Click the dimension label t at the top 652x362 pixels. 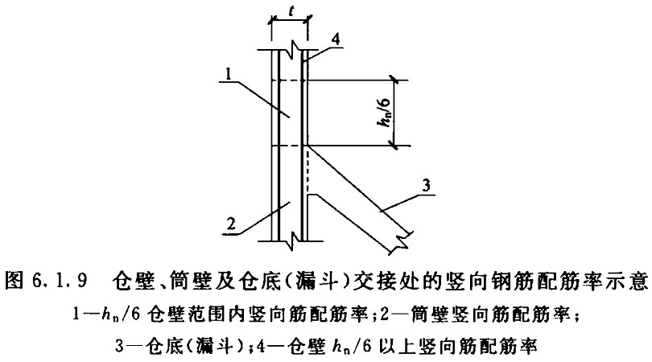(291, 11)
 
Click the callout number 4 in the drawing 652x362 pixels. (335, 39)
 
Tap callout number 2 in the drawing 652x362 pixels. (231, 224)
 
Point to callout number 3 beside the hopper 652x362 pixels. (426, 185)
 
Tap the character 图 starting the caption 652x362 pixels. (14, 281)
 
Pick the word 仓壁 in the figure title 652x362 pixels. (132, 281)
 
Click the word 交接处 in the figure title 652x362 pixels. (382, 281)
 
